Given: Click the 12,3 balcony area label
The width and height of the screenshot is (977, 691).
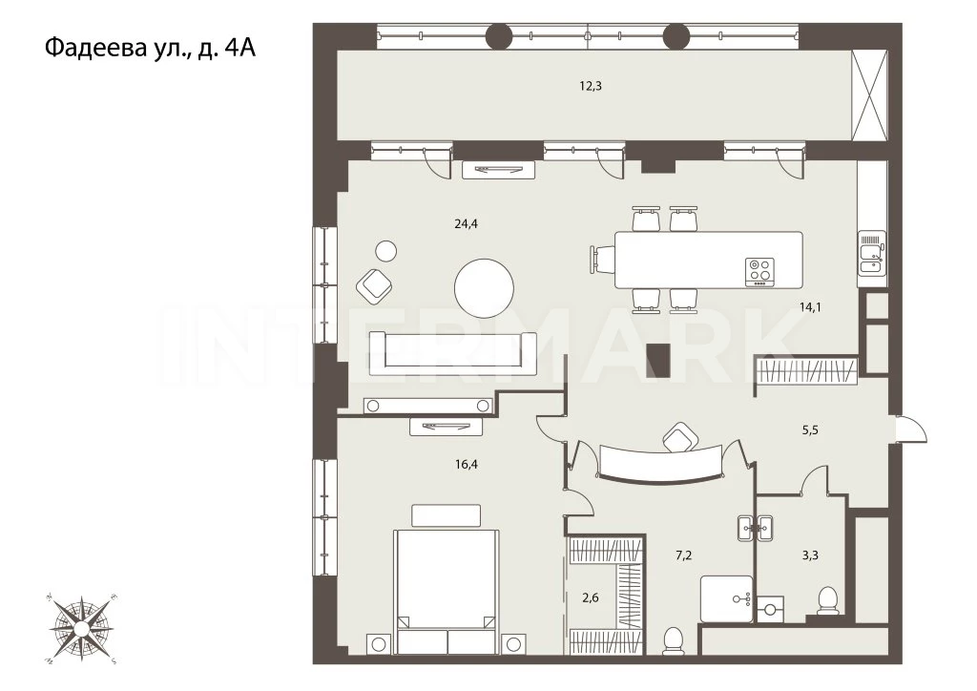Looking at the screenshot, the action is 591,86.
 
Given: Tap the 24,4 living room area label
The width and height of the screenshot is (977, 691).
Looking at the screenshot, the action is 466,223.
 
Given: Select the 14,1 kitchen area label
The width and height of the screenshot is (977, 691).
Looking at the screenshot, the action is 810,306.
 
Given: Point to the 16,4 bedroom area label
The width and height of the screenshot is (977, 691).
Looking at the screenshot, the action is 466,464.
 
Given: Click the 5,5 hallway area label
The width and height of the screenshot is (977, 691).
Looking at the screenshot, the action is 810,429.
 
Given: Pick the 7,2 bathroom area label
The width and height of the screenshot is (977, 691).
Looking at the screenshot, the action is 683,555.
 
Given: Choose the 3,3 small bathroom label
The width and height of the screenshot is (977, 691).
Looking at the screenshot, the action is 810,555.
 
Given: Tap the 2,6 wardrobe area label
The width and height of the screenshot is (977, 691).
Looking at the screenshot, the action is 590,598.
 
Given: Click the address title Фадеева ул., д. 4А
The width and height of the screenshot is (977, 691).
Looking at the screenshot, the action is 150,48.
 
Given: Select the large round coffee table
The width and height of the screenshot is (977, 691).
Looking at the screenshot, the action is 484,288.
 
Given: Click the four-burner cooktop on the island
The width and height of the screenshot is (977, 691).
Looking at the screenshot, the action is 760,272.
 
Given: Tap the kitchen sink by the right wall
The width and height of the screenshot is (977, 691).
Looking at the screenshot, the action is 872,253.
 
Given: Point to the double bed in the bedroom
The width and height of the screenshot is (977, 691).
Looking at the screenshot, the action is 447,589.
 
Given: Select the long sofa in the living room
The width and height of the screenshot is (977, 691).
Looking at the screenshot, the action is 453,353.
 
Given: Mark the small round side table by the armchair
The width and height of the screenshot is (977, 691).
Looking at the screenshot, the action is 386,251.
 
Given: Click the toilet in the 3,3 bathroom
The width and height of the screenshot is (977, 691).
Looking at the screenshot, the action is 828,600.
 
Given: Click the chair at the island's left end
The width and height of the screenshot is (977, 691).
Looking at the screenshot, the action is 602,260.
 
